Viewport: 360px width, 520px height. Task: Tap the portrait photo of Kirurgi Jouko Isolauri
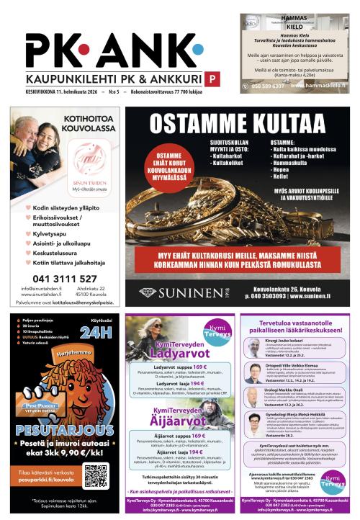point(253,346)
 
